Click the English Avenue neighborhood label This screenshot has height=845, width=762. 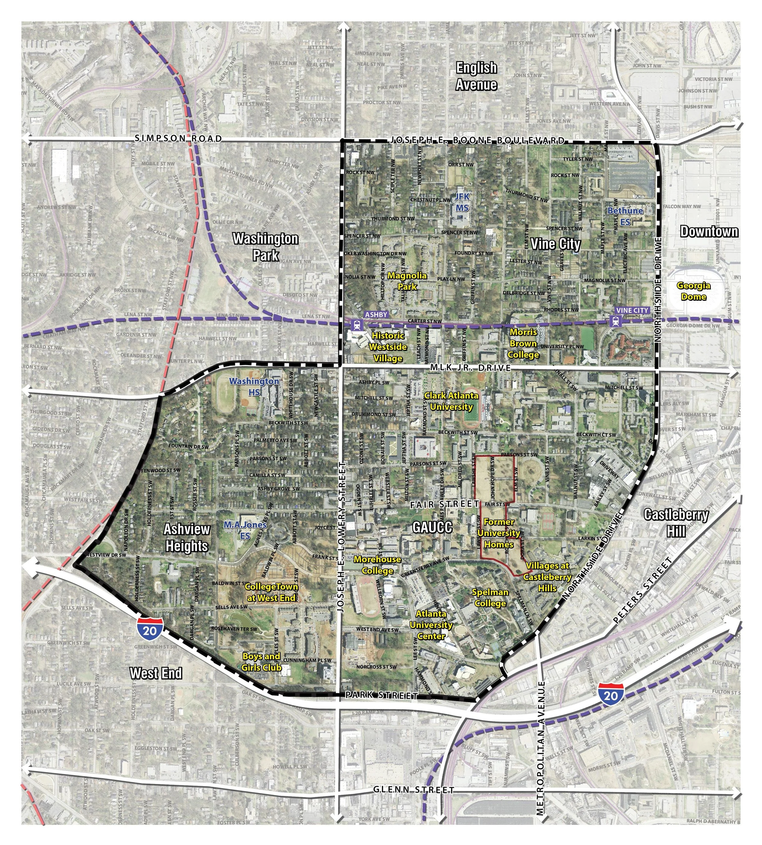[x=476, y=76]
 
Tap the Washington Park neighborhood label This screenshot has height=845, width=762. [x=265, y=247]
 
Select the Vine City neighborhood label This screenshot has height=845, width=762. [x=555, y=244]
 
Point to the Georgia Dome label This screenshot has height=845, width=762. [x=694, y=291]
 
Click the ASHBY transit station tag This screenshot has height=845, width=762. [x=376, y=314]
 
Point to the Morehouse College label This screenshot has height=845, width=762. [x=377, y=565]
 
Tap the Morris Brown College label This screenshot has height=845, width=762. [x=523, y=344]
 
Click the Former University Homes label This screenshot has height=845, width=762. [x=499, y=533]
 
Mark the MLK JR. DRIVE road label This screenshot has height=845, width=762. [x=470, y=368]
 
